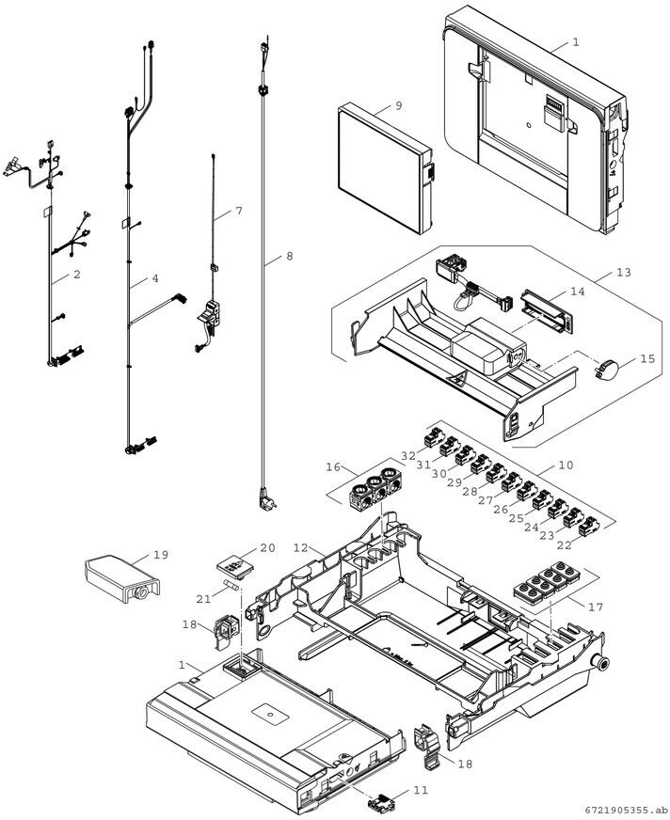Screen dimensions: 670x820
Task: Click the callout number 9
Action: (x=399, y=106)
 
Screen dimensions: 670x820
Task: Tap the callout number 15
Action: (x=647, y=359)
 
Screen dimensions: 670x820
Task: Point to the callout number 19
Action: (x=161, y=554)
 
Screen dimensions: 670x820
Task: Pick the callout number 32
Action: (x=408, y=455)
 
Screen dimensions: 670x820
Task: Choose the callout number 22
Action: (x=565, y=545)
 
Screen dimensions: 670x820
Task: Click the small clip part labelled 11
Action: (x=381, y=800)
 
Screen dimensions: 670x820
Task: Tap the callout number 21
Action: (x=203, y=599)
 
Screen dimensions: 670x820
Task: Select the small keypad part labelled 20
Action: (x=235, y=567)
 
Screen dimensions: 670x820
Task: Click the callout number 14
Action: (x=578, y=292)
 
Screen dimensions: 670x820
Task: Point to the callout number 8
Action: (x=290, y=256)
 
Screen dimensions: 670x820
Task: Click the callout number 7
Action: (x=239, y=212)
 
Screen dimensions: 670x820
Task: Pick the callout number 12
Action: (x=301, y=547)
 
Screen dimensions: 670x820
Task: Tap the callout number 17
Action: (x=596, y=607)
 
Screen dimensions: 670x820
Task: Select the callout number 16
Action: (x=333, y=467)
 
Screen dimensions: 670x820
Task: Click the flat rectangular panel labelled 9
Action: (x=386, y=168)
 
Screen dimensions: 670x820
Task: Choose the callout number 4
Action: (x=155, y=278)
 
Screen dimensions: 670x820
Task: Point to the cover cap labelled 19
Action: (x=121, y=579)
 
